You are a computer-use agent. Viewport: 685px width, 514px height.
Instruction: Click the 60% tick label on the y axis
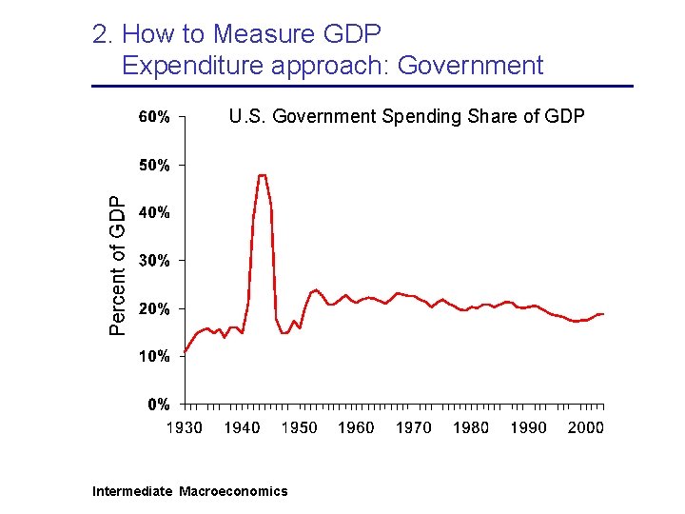(154, 118)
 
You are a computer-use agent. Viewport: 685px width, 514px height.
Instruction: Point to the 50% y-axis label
(154, 166)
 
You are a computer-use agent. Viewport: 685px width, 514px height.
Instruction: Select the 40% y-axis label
(154, 213)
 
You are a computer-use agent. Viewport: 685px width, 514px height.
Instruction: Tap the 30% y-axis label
(154, 261)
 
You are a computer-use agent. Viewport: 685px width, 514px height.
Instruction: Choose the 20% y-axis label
(154, 308)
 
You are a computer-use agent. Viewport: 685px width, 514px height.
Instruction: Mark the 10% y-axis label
(154, 356)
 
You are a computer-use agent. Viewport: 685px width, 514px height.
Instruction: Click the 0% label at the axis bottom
(158, 404)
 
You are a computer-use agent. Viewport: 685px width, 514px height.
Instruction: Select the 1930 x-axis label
(185, 427)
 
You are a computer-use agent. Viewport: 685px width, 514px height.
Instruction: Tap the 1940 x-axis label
(242, 427)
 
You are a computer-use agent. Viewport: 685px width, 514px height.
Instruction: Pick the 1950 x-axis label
(299, 427)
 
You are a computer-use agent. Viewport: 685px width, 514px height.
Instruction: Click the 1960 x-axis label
(356, 427)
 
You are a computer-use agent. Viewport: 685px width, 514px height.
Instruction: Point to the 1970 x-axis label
(413, 427)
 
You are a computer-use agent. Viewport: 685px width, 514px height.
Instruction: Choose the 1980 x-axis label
(471, 427)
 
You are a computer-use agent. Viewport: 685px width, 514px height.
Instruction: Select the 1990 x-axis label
(528, 427)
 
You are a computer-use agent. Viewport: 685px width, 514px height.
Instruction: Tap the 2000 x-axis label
(585, 427)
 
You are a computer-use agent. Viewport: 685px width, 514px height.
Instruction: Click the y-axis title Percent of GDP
(117, 266)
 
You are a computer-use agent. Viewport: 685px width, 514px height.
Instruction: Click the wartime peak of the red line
(262, 175)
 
